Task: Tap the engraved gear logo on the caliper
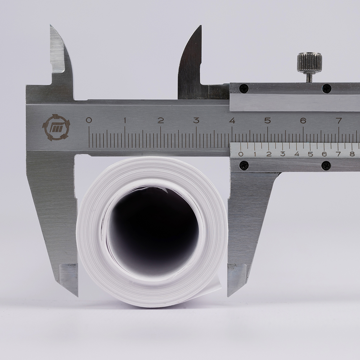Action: [56, 127]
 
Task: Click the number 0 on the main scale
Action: [89, 120]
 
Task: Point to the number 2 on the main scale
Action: [161, 120]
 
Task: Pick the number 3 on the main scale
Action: [196, 120]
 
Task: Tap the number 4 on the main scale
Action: [232, 120]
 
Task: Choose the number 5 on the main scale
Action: [268, 120]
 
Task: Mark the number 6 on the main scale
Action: [303, 121]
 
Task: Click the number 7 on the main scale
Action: [339, 121]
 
